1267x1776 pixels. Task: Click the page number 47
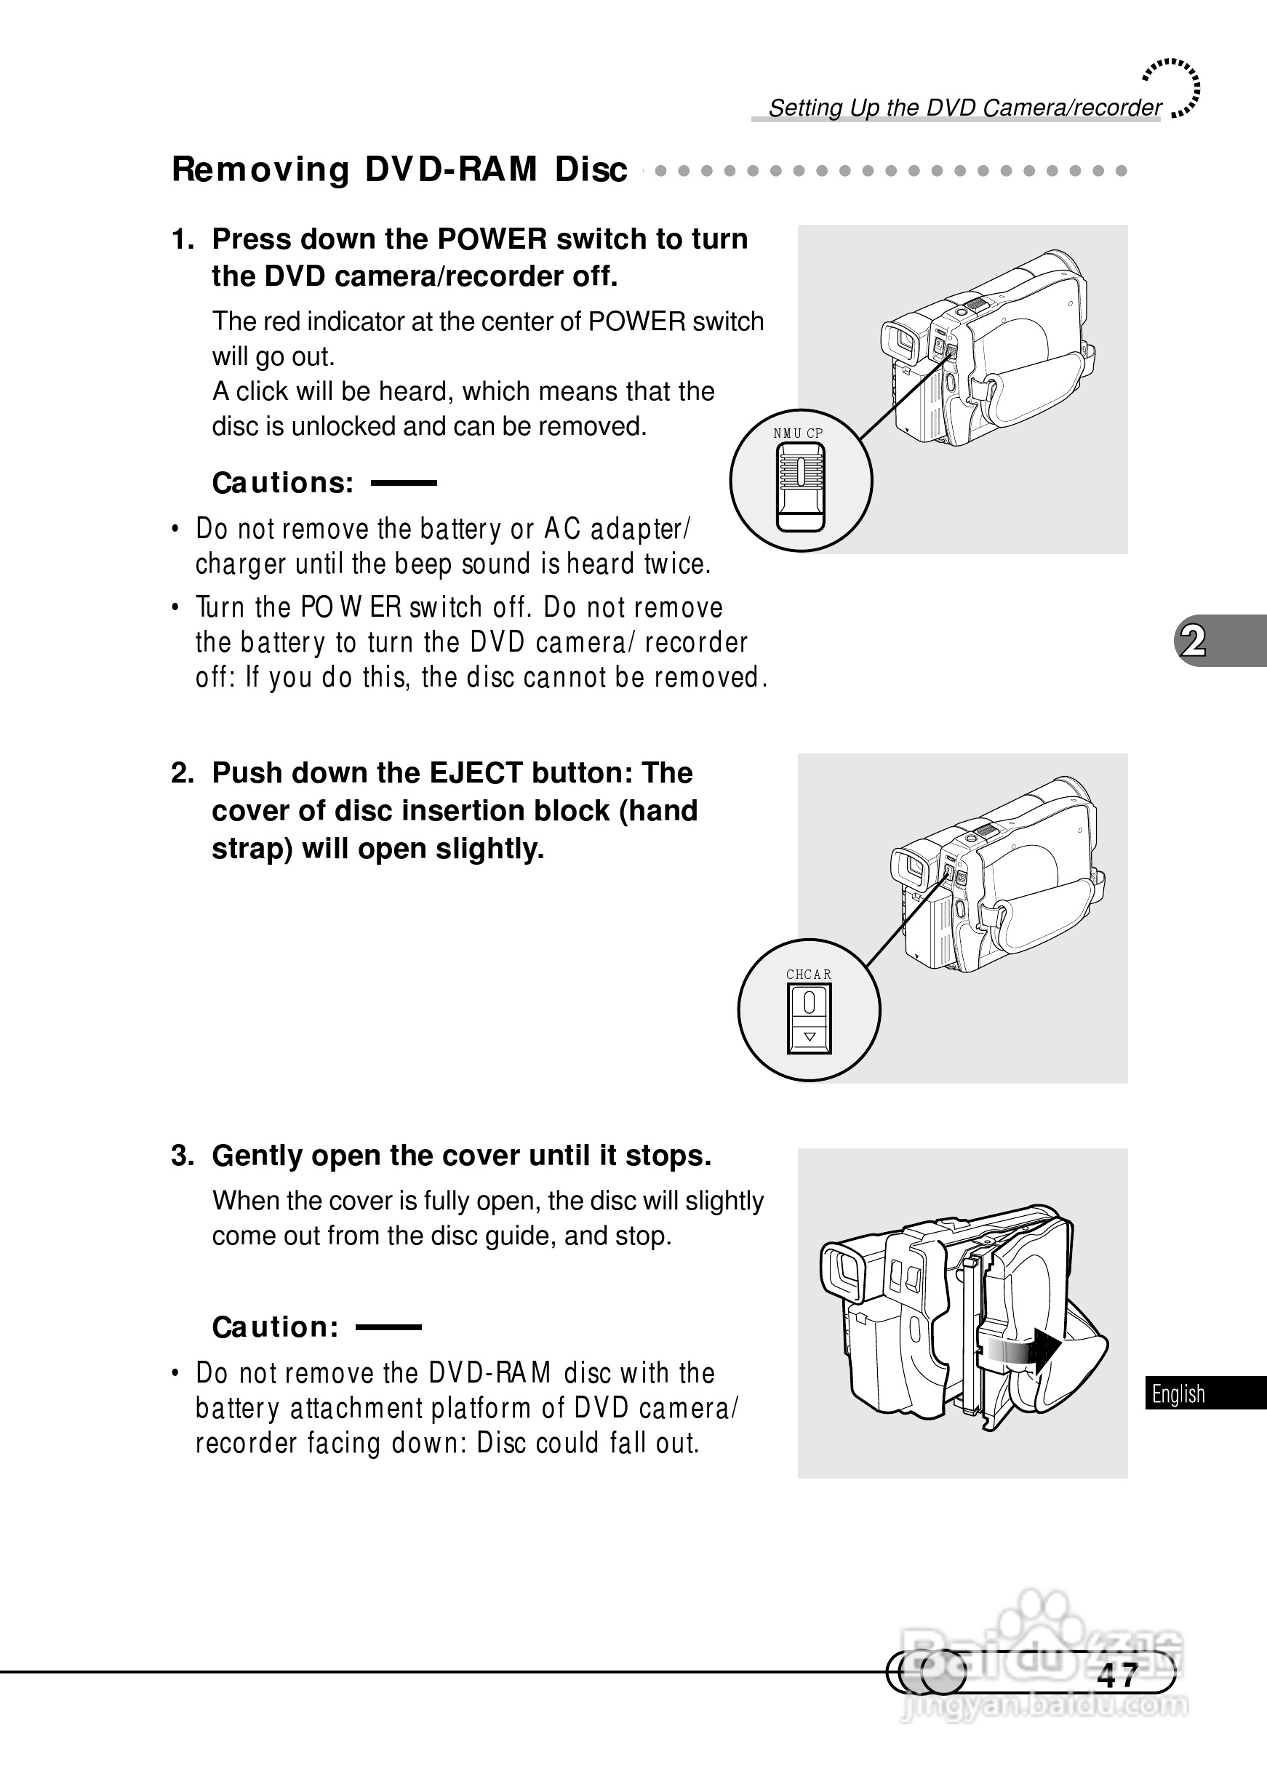(x=1117, y=1676)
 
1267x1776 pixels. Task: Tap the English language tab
(x=1178, y=1393)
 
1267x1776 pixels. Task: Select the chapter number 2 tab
(x=1193, y=641)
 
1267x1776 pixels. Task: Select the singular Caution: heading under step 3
(x=276, y=1327)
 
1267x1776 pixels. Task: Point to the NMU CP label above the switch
(x=798, y=433)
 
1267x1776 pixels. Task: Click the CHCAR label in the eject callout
(x=808, y=975)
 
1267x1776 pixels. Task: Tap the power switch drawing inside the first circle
(x=801, y=487)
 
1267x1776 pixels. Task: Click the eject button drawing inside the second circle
(x=809, y=1018)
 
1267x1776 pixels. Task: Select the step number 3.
(x=182, y=1155)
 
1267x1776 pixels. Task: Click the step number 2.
(x=182, y=772)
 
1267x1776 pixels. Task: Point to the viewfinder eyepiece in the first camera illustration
(x=901, y=341)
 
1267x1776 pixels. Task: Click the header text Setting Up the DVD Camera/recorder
(x=964, y=108)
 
